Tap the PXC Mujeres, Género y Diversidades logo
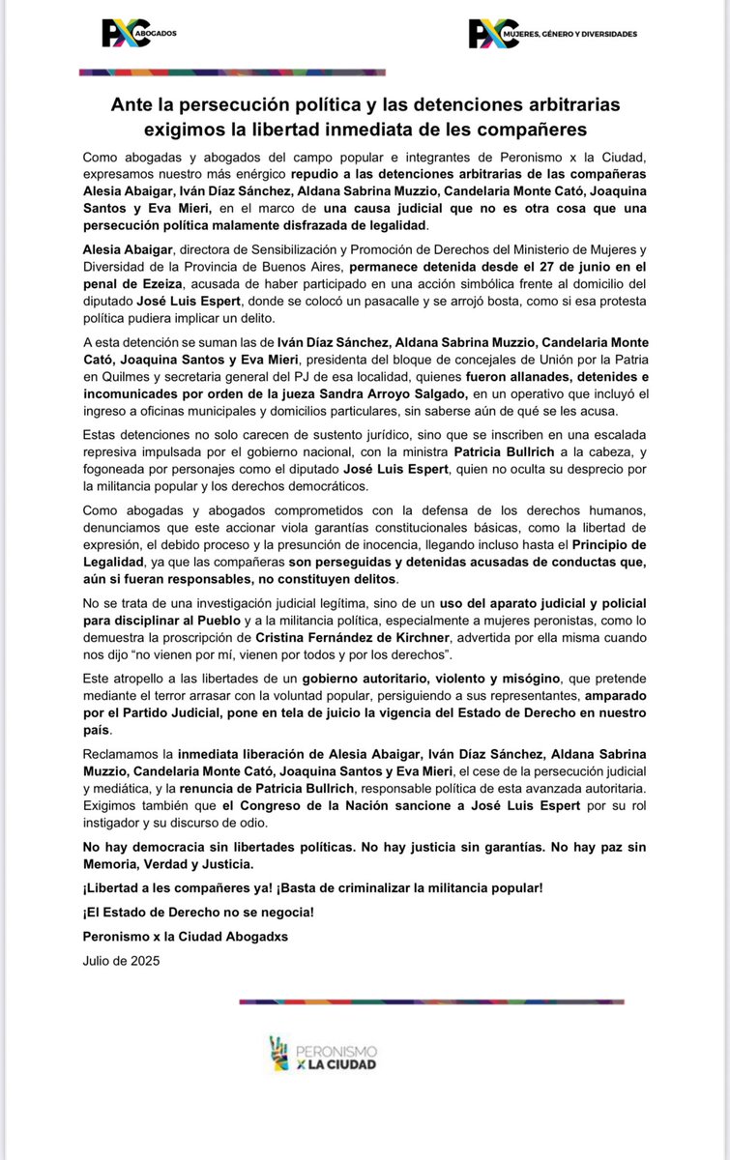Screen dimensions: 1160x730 pos(552,34)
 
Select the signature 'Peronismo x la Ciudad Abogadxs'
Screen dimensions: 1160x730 pos(186,937)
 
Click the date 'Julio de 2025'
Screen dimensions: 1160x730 pos(121,961)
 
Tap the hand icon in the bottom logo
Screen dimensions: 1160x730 pos(279,1052)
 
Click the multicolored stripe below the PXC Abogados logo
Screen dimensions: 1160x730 pos(232,72)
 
